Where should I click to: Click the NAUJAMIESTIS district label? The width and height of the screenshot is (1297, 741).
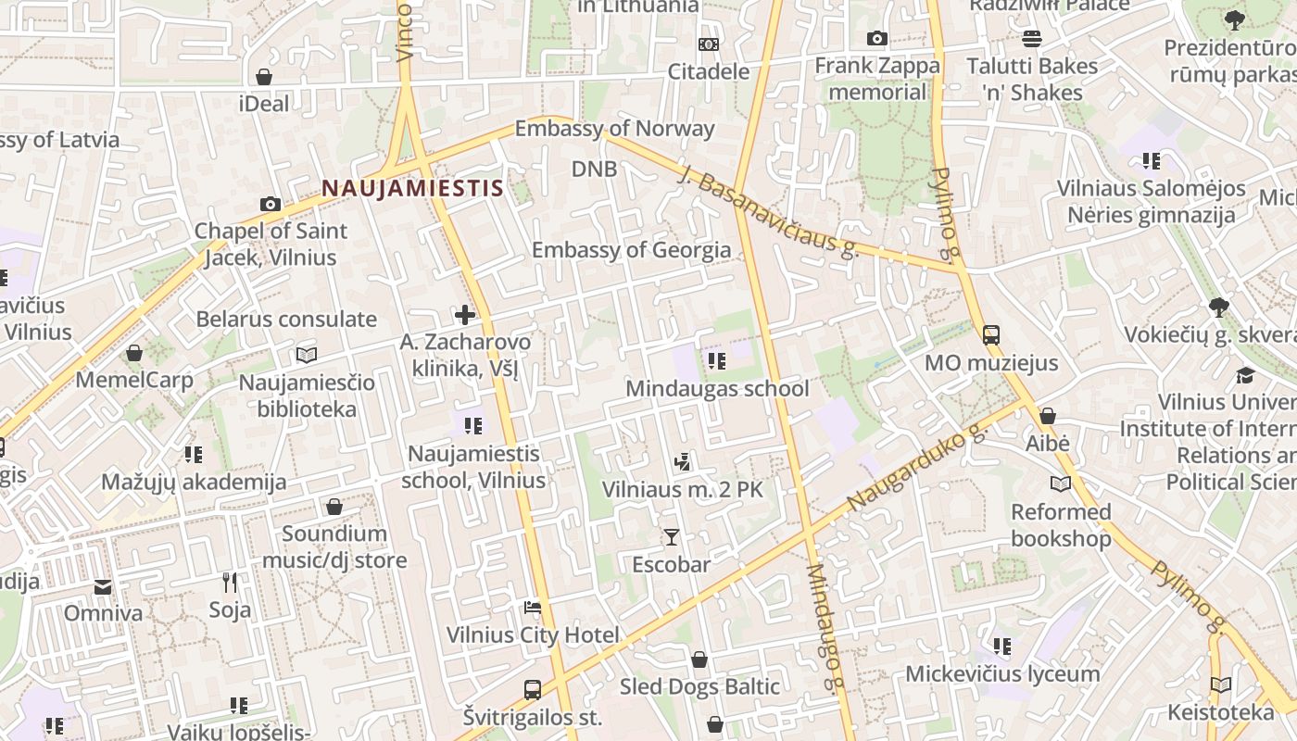pos(412,189)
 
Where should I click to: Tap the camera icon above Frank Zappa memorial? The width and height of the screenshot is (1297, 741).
pos(876,39)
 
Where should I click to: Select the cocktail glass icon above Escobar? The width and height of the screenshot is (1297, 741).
pos(671,537)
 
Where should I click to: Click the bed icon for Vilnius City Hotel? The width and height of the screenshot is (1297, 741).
pos(533,608)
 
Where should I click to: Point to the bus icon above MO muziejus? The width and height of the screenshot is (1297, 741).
pos(990,335)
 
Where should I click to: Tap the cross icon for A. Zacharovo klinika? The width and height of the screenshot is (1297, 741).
pos(465,315)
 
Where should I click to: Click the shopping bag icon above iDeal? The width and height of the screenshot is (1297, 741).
pos(264,77)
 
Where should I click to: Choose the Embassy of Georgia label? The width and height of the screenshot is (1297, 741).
pos(631,250)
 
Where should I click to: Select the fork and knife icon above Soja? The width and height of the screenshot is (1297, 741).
pos(230,583)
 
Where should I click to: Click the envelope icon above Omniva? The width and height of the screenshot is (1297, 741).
pos(103,586)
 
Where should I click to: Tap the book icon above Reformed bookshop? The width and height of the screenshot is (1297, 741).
pos(1060,484)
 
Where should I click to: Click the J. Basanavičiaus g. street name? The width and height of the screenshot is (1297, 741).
pos(768,212)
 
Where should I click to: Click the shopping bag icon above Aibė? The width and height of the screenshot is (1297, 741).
pos(1047,417)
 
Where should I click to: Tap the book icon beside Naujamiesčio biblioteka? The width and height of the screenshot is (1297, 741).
pos(307,355)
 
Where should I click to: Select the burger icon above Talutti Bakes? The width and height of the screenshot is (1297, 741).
pos(1031,39)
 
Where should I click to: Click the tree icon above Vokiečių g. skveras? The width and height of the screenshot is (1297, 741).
pos(1219,308)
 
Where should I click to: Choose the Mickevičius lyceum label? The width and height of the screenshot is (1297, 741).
pos(1002,673)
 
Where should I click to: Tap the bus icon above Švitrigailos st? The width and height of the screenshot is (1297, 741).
pos(532,690)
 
